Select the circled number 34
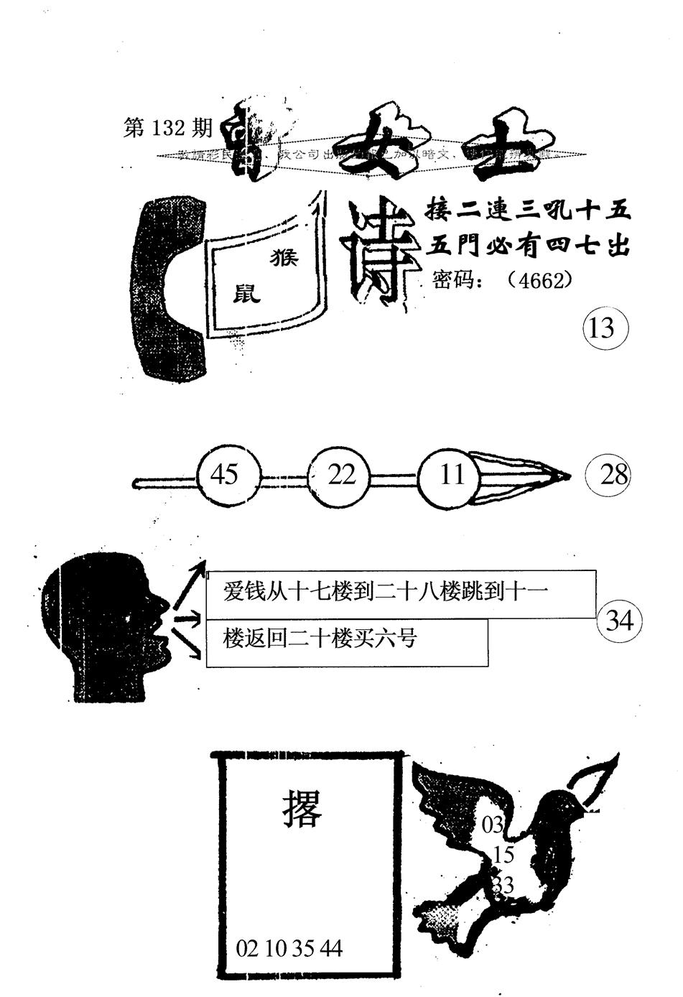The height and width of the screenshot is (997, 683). tap(619, 619)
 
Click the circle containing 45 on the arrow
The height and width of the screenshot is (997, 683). tap(224, 474)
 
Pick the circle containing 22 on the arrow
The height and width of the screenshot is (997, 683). tap(341, 474)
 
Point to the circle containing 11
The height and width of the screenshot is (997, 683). tap(451, 474)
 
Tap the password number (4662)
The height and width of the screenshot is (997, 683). tap(539, 279)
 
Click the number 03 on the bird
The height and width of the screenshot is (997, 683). tap(493, 825)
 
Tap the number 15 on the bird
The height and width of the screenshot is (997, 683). tap(504, 855)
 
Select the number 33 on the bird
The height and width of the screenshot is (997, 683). tap(503, 885)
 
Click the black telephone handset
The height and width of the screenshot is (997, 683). tap(167, 287)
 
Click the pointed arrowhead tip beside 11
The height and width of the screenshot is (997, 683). tap(566, 475)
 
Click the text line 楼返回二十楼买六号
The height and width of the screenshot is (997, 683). tap(320, 638)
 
